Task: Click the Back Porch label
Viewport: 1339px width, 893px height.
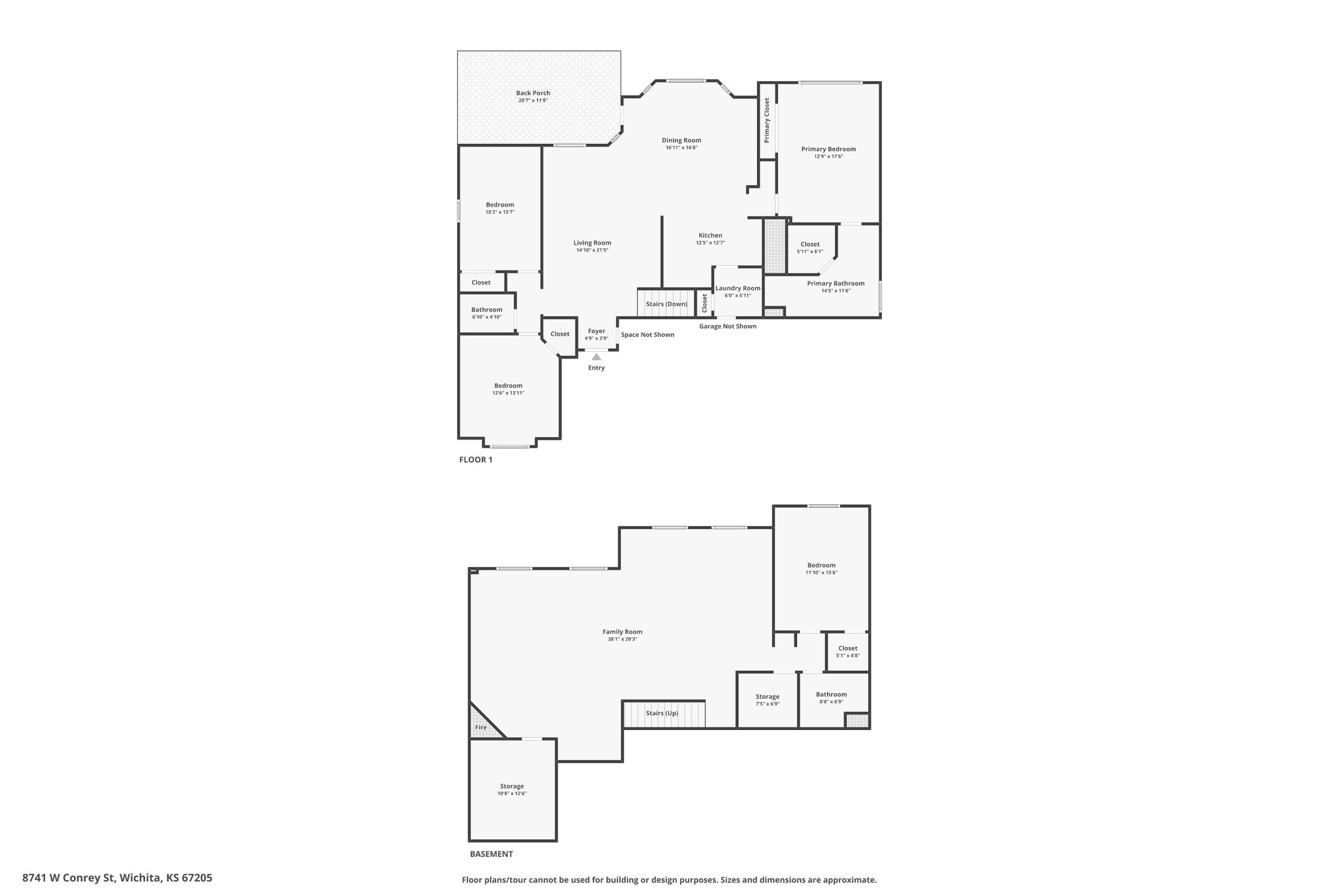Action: coord(533,93)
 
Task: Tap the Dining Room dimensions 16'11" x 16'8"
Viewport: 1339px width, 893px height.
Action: coord(681,148)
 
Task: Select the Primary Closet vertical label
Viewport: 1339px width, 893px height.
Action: coord(767,120)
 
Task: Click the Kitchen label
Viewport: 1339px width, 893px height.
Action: coord(710,236)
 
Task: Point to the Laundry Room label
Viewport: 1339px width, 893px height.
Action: coord(737,288)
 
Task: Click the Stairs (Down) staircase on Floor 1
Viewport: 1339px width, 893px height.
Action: coord(666,304)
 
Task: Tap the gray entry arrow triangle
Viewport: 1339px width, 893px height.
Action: coord(596,357)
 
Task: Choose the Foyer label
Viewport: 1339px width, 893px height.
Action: coord(596,331)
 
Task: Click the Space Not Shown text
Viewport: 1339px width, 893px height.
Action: coord(647,335)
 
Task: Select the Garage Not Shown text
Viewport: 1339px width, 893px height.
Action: coord(728,326)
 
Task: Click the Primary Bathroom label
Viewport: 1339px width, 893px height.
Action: coord(836,283)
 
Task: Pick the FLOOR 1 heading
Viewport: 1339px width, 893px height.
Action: coord(476,460)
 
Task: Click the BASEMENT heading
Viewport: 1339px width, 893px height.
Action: coord(492,854)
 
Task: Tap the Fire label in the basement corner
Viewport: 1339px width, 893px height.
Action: coord(481,727)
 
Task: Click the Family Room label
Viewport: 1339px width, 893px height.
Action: coord(622,632)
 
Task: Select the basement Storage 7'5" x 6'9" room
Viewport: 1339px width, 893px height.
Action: coord(768,699)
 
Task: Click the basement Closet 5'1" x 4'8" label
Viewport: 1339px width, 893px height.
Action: coord(847,648)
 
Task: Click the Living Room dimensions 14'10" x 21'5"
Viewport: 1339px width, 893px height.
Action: coord(592,251)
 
